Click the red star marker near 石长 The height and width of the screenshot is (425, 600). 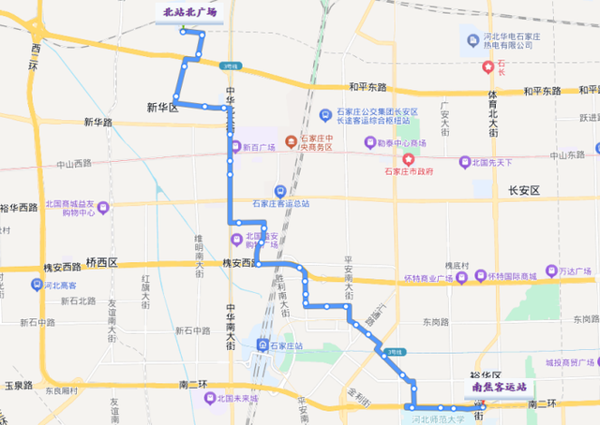pyautogui.click(x=487, y=66)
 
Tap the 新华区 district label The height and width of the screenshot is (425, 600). pyautogui.click(x=161, y=108)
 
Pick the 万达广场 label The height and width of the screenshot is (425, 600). pyautogui.click(x=577, y=271)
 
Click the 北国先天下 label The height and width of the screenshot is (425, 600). pyautogui.click(x=493, y=162)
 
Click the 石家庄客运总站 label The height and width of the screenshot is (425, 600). pyautogui.click(x=281, y=202)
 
